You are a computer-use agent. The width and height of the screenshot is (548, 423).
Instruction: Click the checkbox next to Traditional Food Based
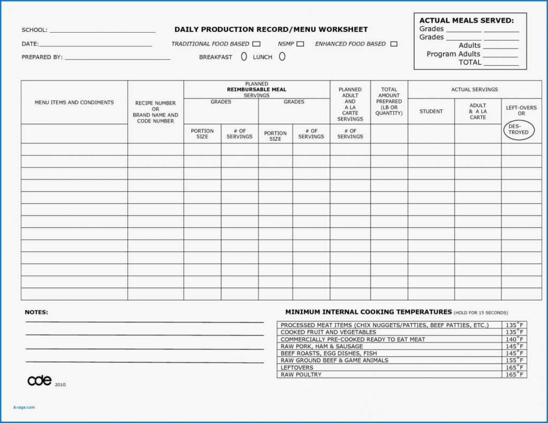point(256,44)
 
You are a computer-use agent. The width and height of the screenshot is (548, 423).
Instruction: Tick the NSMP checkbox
point(300,44)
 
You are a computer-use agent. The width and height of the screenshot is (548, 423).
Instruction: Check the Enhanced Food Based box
point(394,44)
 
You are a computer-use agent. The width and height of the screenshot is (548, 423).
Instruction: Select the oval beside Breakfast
point(244,56)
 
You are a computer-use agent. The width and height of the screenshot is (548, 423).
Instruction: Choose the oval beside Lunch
point(282,56)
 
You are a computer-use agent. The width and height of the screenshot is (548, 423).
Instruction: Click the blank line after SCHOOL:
point(102,31)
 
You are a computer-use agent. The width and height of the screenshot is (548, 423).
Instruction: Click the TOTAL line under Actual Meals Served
point(501,64)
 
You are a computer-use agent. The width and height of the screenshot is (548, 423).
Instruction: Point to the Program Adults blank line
point(501,56)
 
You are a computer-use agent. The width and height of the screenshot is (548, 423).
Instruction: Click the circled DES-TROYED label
point(518,129)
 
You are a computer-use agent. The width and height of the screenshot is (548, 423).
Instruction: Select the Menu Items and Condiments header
point(74,102)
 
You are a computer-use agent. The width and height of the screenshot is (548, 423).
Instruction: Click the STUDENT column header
point(431,111)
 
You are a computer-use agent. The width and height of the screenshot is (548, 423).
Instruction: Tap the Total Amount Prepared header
point(389,101)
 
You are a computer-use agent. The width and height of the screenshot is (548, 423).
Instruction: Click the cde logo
point(40,380)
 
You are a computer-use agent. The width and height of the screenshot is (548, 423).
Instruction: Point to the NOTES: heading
point(36,312)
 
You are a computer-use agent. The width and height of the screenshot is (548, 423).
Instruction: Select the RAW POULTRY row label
point(301,374)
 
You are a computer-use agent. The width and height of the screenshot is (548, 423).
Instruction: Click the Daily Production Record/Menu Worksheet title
point(271,29)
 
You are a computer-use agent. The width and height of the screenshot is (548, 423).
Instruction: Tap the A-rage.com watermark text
point(24,407)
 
